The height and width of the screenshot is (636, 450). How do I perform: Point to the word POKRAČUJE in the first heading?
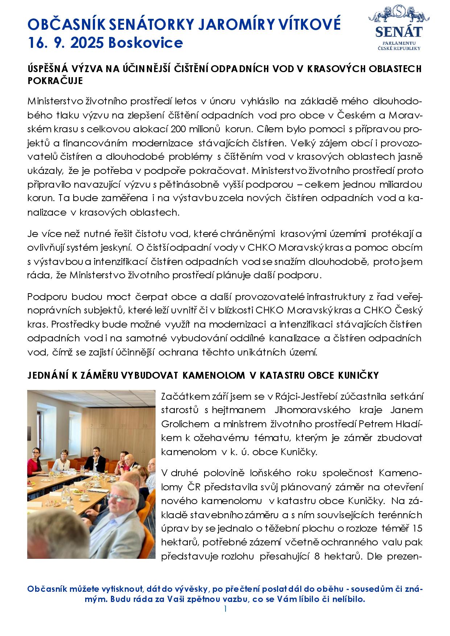click(x=55, y=81)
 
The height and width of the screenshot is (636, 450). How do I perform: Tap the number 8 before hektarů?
click(x=317, y=556)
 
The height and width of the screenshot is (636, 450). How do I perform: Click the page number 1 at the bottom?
click(x=225, y=608)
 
